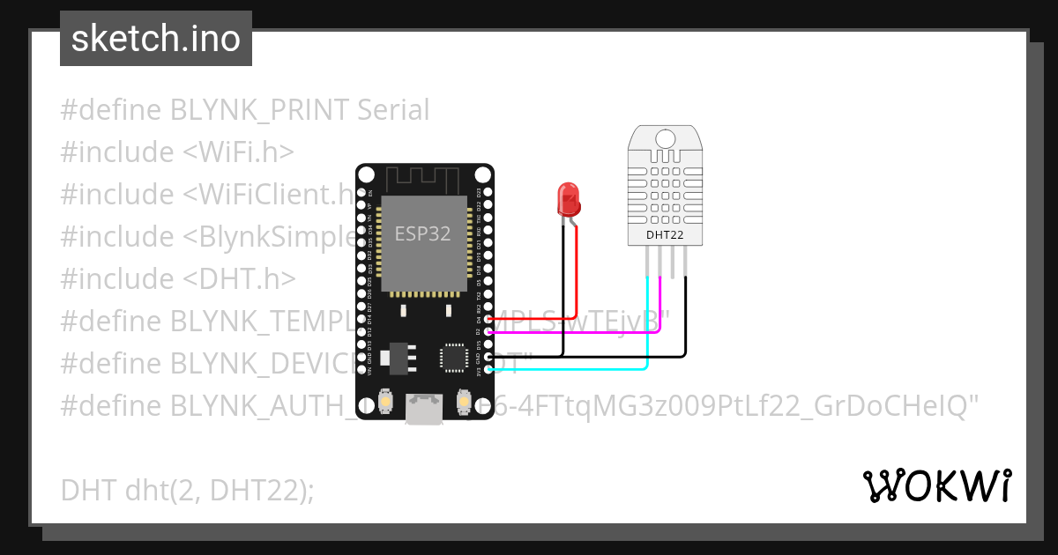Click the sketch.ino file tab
pos(156,39)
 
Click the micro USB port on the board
pos(424,407)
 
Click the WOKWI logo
pos(936,485)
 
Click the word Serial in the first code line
pos(393,110)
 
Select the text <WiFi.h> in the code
pos(238,152)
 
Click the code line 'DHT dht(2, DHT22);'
pos(187,489)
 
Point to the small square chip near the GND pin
pos(454,357)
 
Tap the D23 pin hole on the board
pos(488,192)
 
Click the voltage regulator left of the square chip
pos(399,357)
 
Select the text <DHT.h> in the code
pos(239,278)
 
